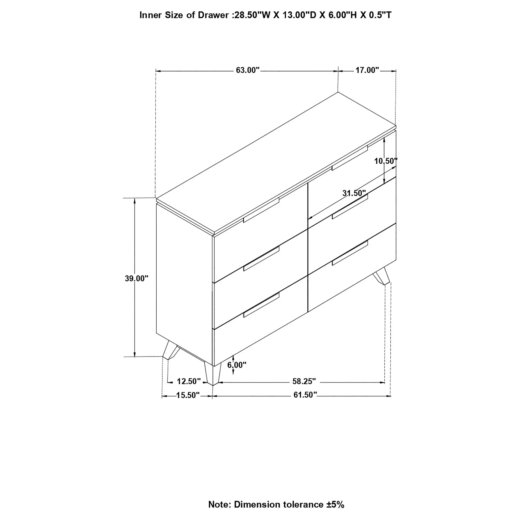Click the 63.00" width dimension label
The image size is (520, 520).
247,70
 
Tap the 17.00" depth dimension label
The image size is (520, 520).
367,70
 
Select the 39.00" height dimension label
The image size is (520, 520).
136,278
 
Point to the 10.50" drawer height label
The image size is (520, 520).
386,161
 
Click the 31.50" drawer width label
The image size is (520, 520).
354,193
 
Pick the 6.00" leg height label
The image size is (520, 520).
236,365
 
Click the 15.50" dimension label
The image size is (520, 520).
188,395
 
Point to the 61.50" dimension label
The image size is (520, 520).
305,395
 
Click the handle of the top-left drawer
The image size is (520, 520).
261,210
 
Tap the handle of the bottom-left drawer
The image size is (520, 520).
261,305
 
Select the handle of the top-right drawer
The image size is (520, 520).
350,158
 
